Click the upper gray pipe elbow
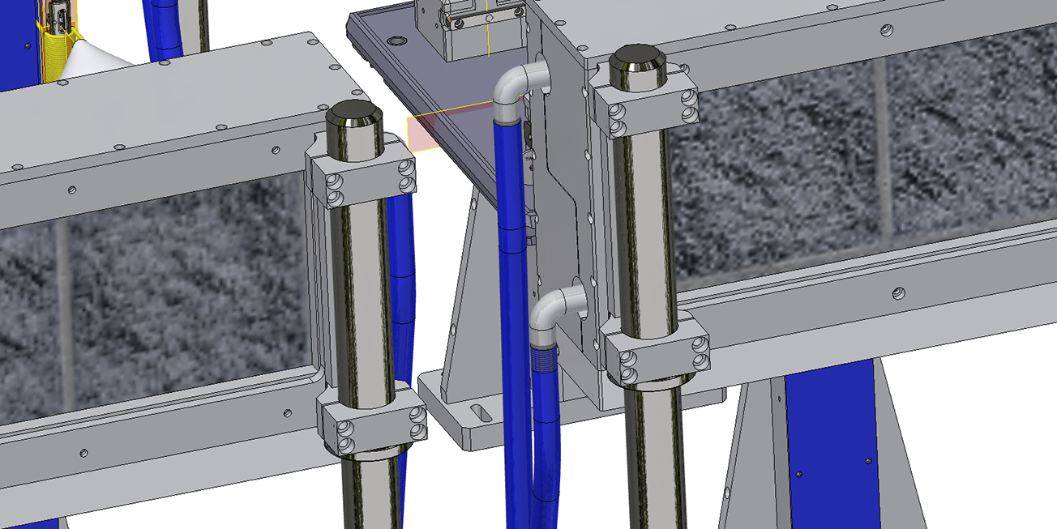tap(516, 86)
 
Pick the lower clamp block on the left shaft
tap(374, 424)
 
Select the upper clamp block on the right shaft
tap(646, 109)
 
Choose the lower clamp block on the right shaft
tap(655, 356)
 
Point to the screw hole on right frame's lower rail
tap(897, 292)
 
